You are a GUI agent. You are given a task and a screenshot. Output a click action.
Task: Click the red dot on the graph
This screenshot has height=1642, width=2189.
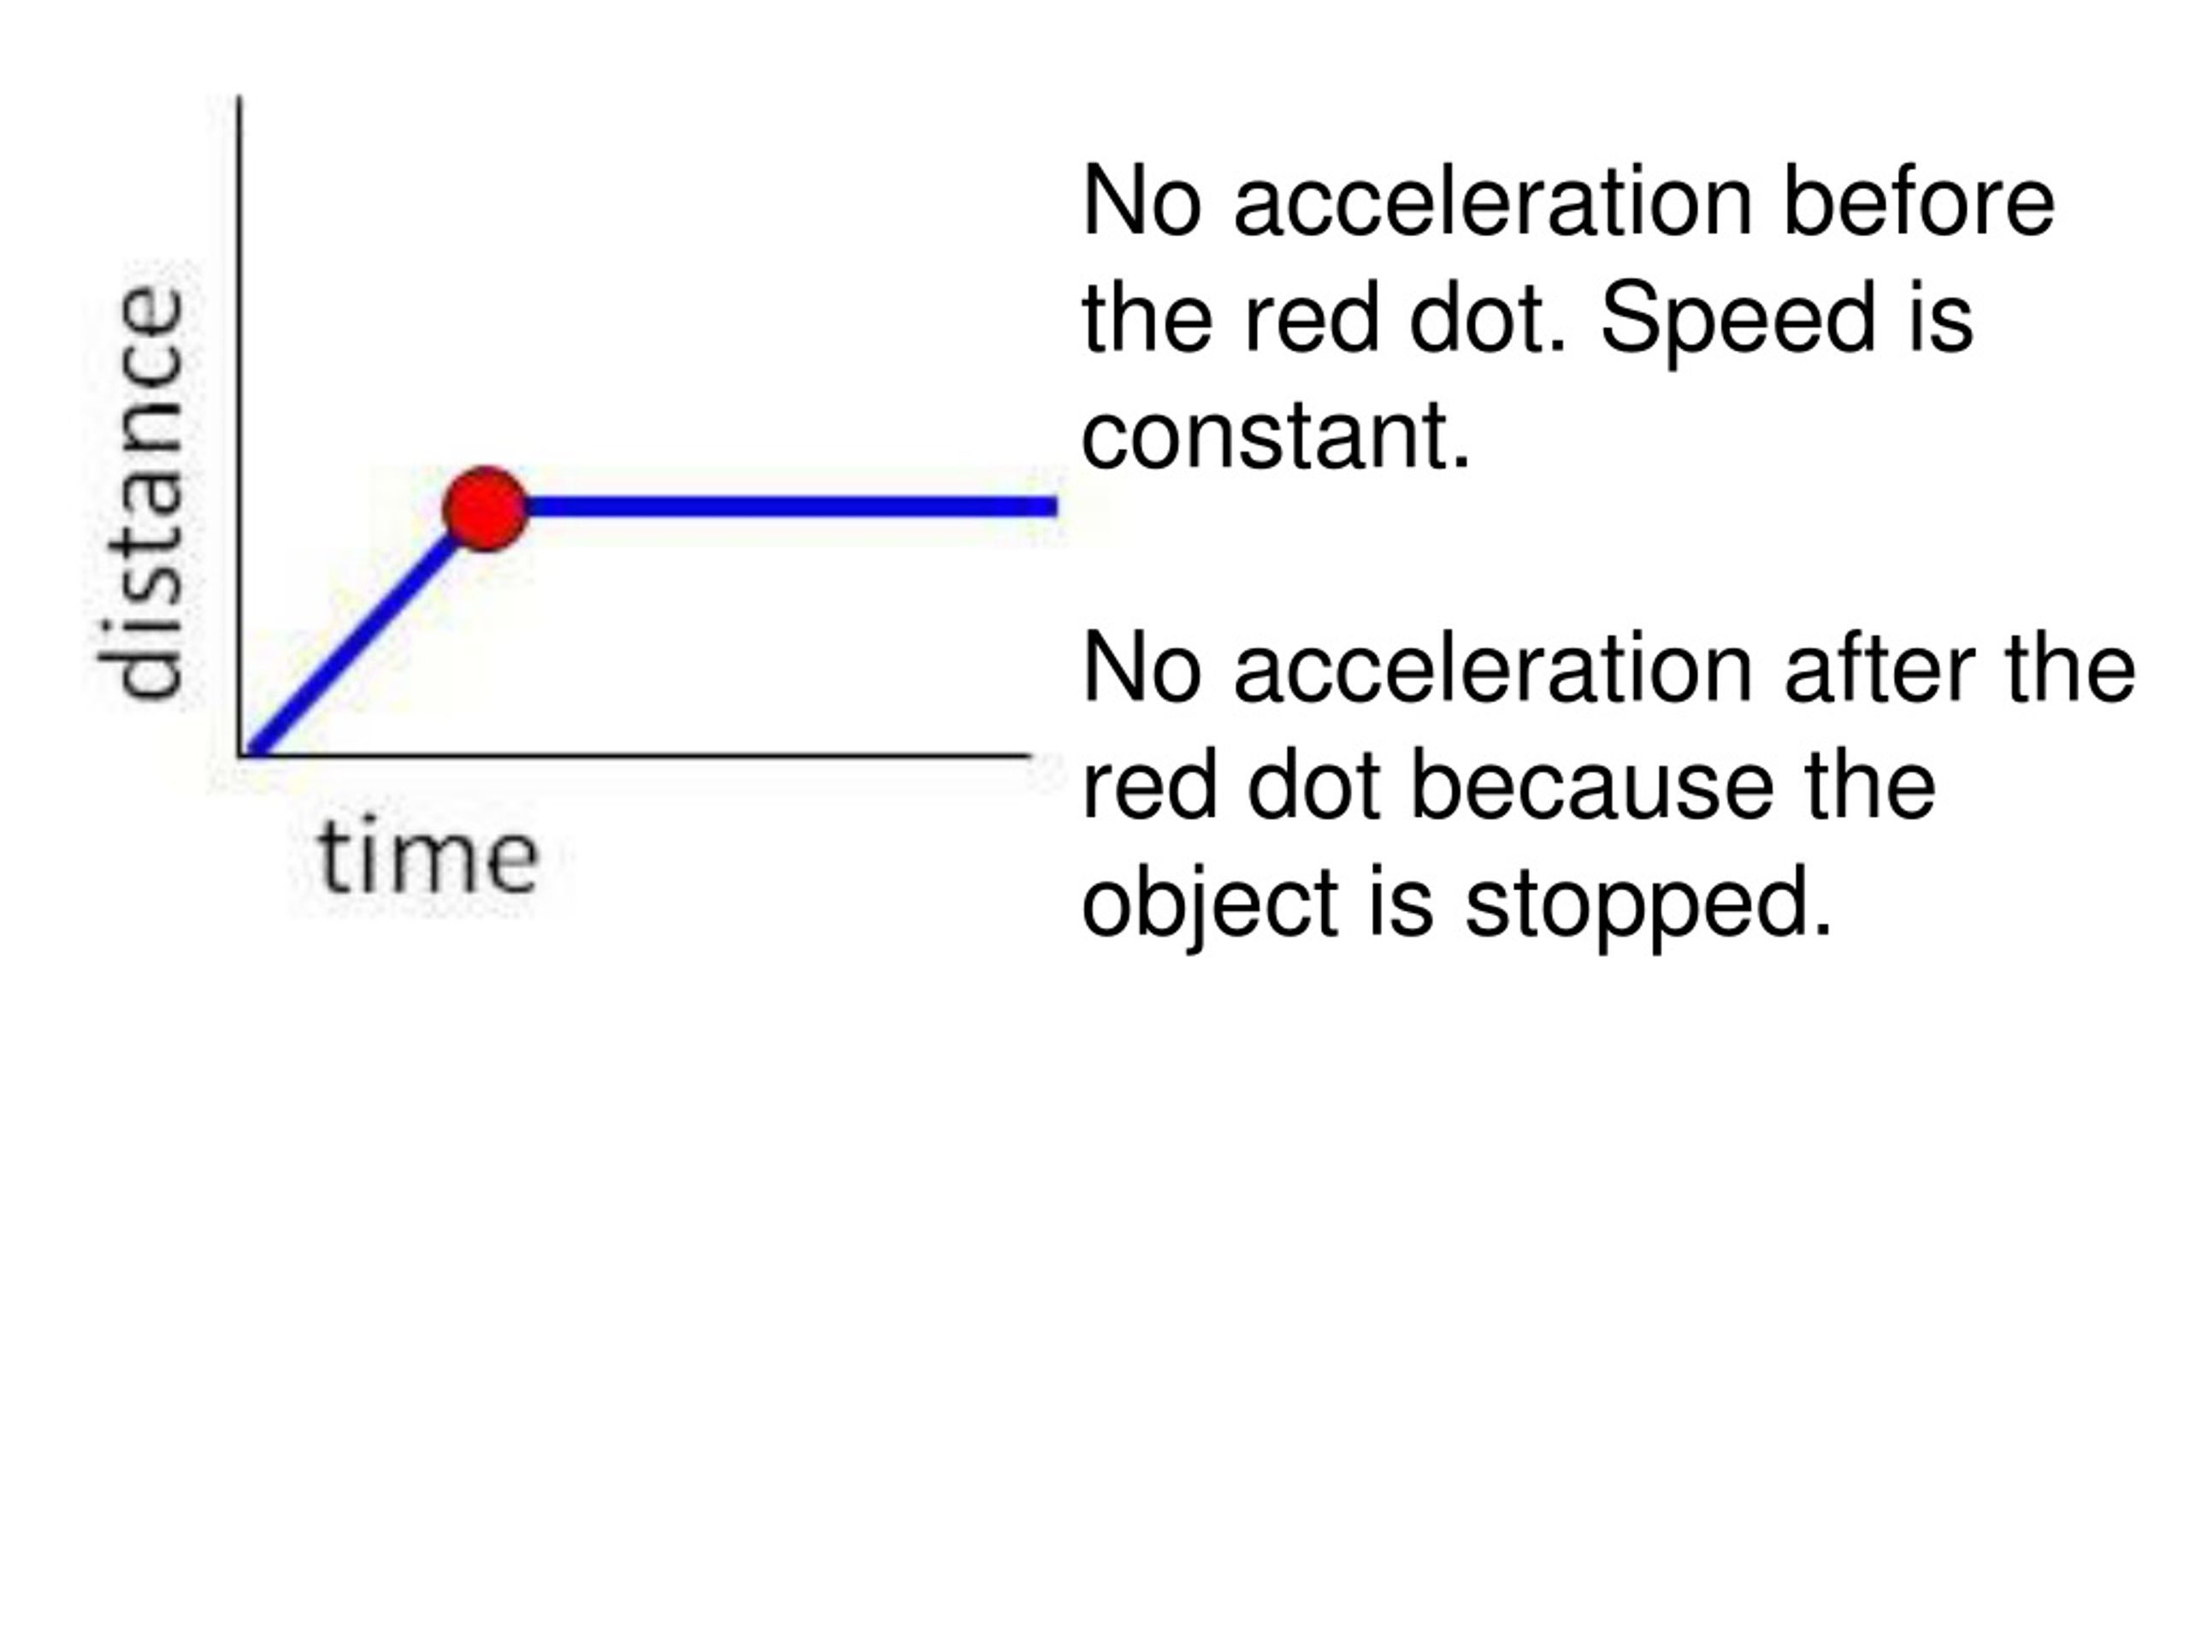pyautogui.click(x=485, y=509)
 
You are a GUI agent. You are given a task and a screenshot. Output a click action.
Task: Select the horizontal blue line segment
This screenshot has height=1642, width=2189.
pyautogui.click(x=792, y=508)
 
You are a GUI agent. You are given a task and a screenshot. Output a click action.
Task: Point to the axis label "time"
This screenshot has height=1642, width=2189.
pyautogui.click(x=428, y=855)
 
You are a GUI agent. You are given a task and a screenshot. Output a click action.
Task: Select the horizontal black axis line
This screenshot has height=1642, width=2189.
pyautogui.click(x=634, y=756)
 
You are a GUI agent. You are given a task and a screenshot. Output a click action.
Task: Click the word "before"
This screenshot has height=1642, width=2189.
pyautogui.click(x=1919, y=202)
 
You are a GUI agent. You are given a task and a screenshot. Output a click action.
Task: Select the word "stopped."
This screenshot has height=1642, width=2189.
pyautogui.click(x=1649, y=905)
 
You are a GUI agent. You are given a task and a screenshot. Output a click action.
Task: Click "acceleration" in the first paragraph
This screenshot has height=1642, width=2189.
pyautogui.click(x=1493, y=202)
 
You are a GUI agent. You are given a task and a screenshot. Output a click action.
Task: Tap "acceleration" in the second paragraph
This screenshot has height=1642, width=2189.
pyautogui.click(x=1493, y=669)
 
